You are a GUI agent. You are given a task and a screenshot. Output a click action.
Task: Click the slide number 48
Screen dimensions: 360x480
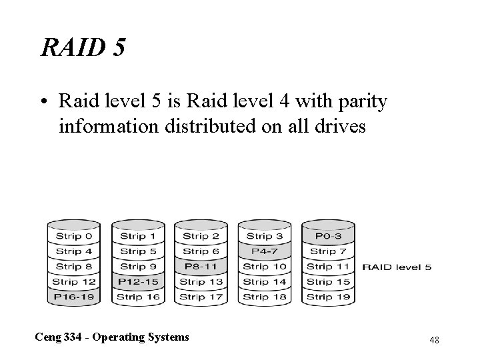coord(433,341)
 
